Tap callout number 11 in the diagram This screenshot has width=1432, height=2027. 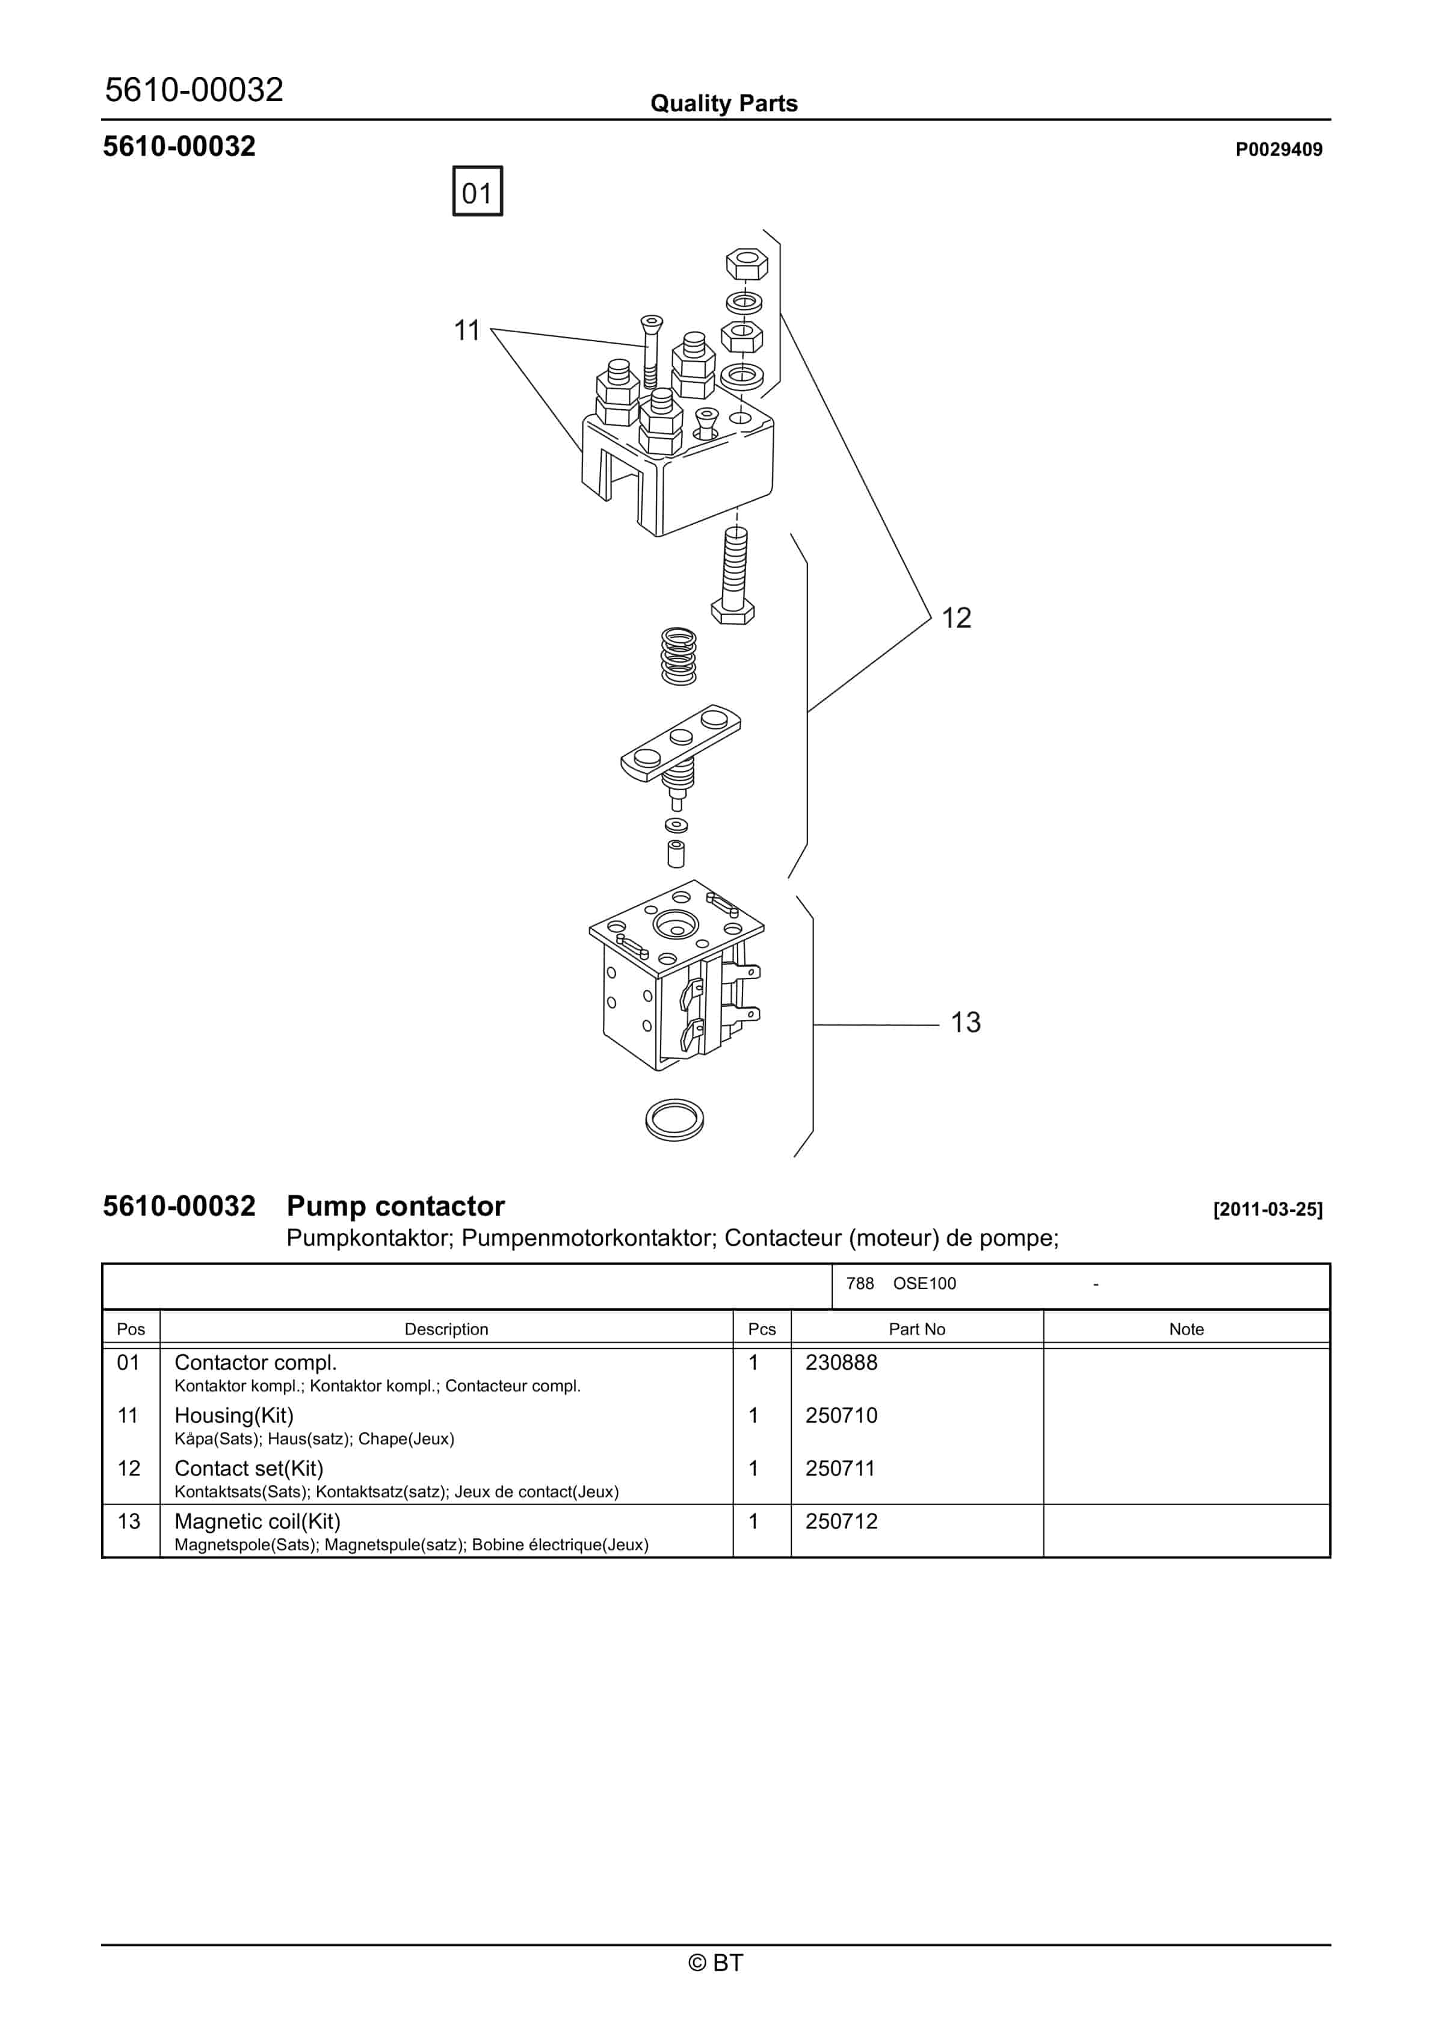(466, 330)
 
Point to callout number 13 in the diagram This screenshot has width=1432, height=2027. (965, 1023)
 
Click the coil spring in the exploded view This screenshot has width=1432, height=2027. (678, 656)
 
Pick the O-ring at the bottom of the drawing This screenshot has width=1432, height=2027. (674, 1119)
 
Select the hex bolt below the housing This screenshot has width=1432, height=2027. (733, 578)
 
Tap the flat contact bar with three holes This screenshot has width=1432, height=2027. (681, 741)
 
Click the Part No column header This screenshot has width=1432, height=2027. (916, 1329)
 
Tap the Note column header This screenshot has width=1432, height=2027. (1186, 1329)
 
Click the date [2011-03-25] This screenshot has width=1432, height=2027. (1268, 1210)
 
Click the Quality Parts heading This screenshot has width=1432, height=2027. (723, 104)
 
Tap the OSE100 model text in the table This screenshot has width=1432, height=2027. (924, 1284)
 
